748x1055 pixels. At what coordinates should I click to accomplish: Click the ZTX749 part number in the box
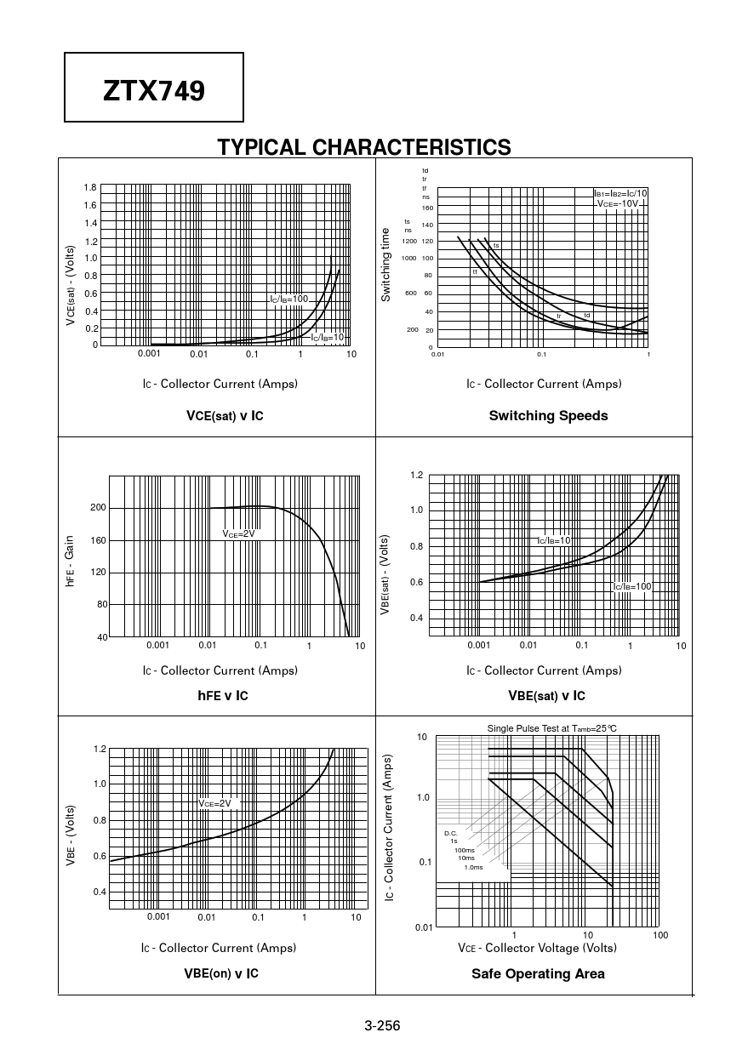coord(154,90)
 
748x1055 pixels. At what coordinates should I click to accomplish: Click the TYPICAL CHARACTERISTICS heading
coord(364,147)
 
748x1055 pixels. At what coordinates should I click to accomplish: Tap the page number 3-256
coord(382,1025)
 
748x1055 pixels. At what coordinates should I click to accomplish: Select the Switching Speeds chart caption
coord(548,416)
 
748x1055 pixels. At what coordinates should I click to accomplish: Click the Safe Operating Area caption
coord(538,974)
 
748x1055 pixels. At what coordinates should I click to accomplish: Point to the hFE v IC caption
coord(222,696)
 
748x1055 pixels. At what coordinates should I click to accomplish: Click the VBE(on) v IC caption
coord(221,973)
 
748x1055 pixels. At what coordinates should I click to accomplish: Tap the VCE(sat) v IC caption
coord(225,416)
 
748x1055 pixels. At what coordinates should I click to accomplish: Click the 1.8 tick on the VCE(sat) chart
coord(90,187)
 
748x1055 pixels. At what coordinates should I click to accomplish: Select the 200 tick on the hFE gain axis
coord(99,508)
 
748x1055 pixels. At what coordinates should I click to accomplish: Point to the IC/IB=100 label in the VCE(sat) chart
coord(288,299)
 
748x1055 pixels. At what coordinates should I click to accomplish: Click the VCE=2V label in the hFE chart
coord(238,533)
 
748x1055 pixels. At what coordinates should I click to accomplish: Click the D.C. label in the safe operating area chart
coord(451,833)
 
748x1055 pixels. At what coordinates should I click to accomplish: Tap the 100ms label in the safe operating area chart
coord(465,850)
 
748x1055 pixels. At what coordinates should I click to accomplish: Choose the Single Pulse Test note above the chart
coord(551,728)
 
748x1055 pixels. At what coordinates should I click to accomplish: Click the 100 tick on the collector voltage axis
coord(660,935)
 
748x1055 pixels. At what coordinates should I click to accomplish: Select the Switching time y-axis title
coord(385,264)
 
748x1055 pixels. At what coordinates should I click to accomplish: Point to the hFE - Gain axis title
coord(71,560)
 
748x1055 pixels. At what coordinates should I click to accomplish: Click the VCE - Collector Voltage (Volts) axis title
coord(537,948)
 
